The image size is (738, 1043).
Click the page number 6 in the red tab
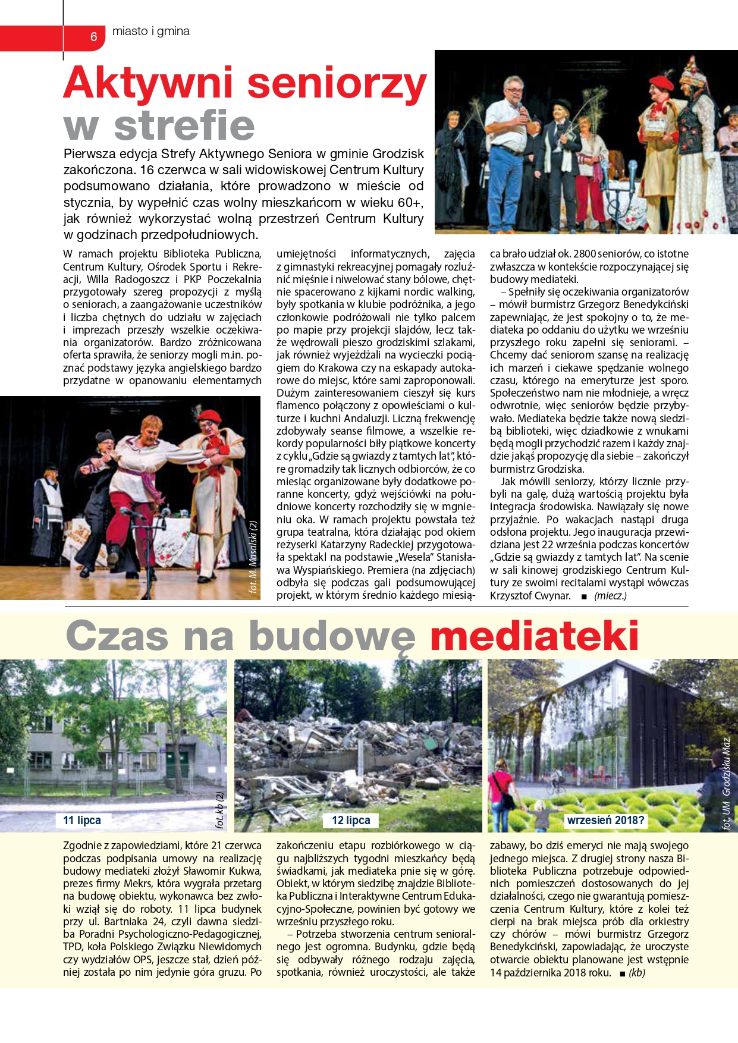(93, 37)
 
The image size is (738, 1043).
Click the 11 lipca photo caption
(82, 820)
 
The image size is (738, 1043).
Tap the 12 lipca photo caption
(351, 821)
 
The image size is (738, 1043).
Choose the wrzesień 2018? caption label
(605, 821)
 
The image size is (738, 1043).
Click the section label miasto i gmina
(151, 32)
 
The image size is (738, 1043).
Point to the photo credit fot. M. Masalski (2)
(253, 557)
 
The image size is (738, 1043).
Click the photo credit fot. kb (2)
(220, 810)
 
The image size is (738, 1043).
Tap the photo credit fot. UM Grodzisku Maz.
(726, 782)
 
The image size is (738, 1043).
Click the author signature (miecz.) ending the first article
(610, 596)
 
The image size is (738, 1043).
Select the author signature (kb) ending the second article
(637, 973)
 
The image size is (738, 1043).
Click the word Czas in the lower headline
(118, 636)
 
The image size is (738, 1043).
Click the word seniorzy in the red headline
(337, 83)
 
